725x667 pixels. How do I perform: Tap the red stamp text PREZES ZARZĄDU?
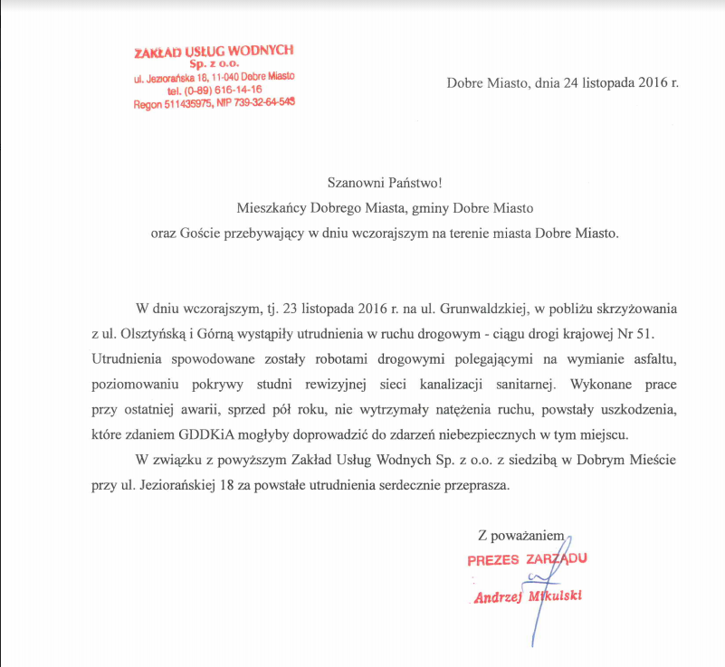click(x=527, y=559)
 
